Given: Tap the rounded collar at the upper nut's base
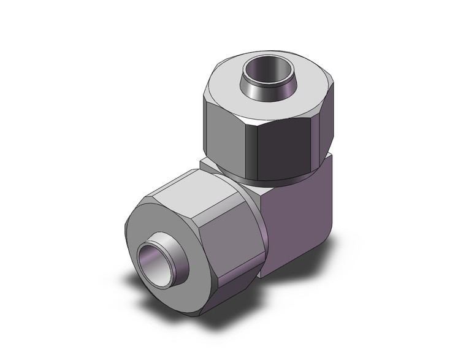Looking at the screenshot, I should [x=270, y=175].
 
